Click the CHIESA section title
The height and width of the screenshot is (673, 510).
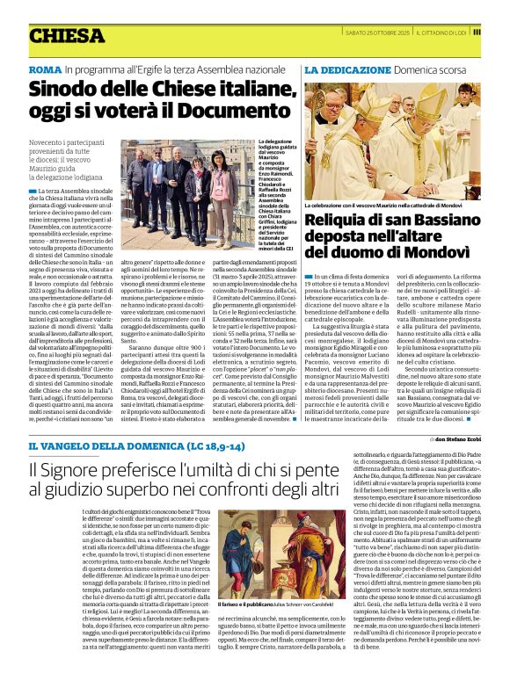coord(67,35)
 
